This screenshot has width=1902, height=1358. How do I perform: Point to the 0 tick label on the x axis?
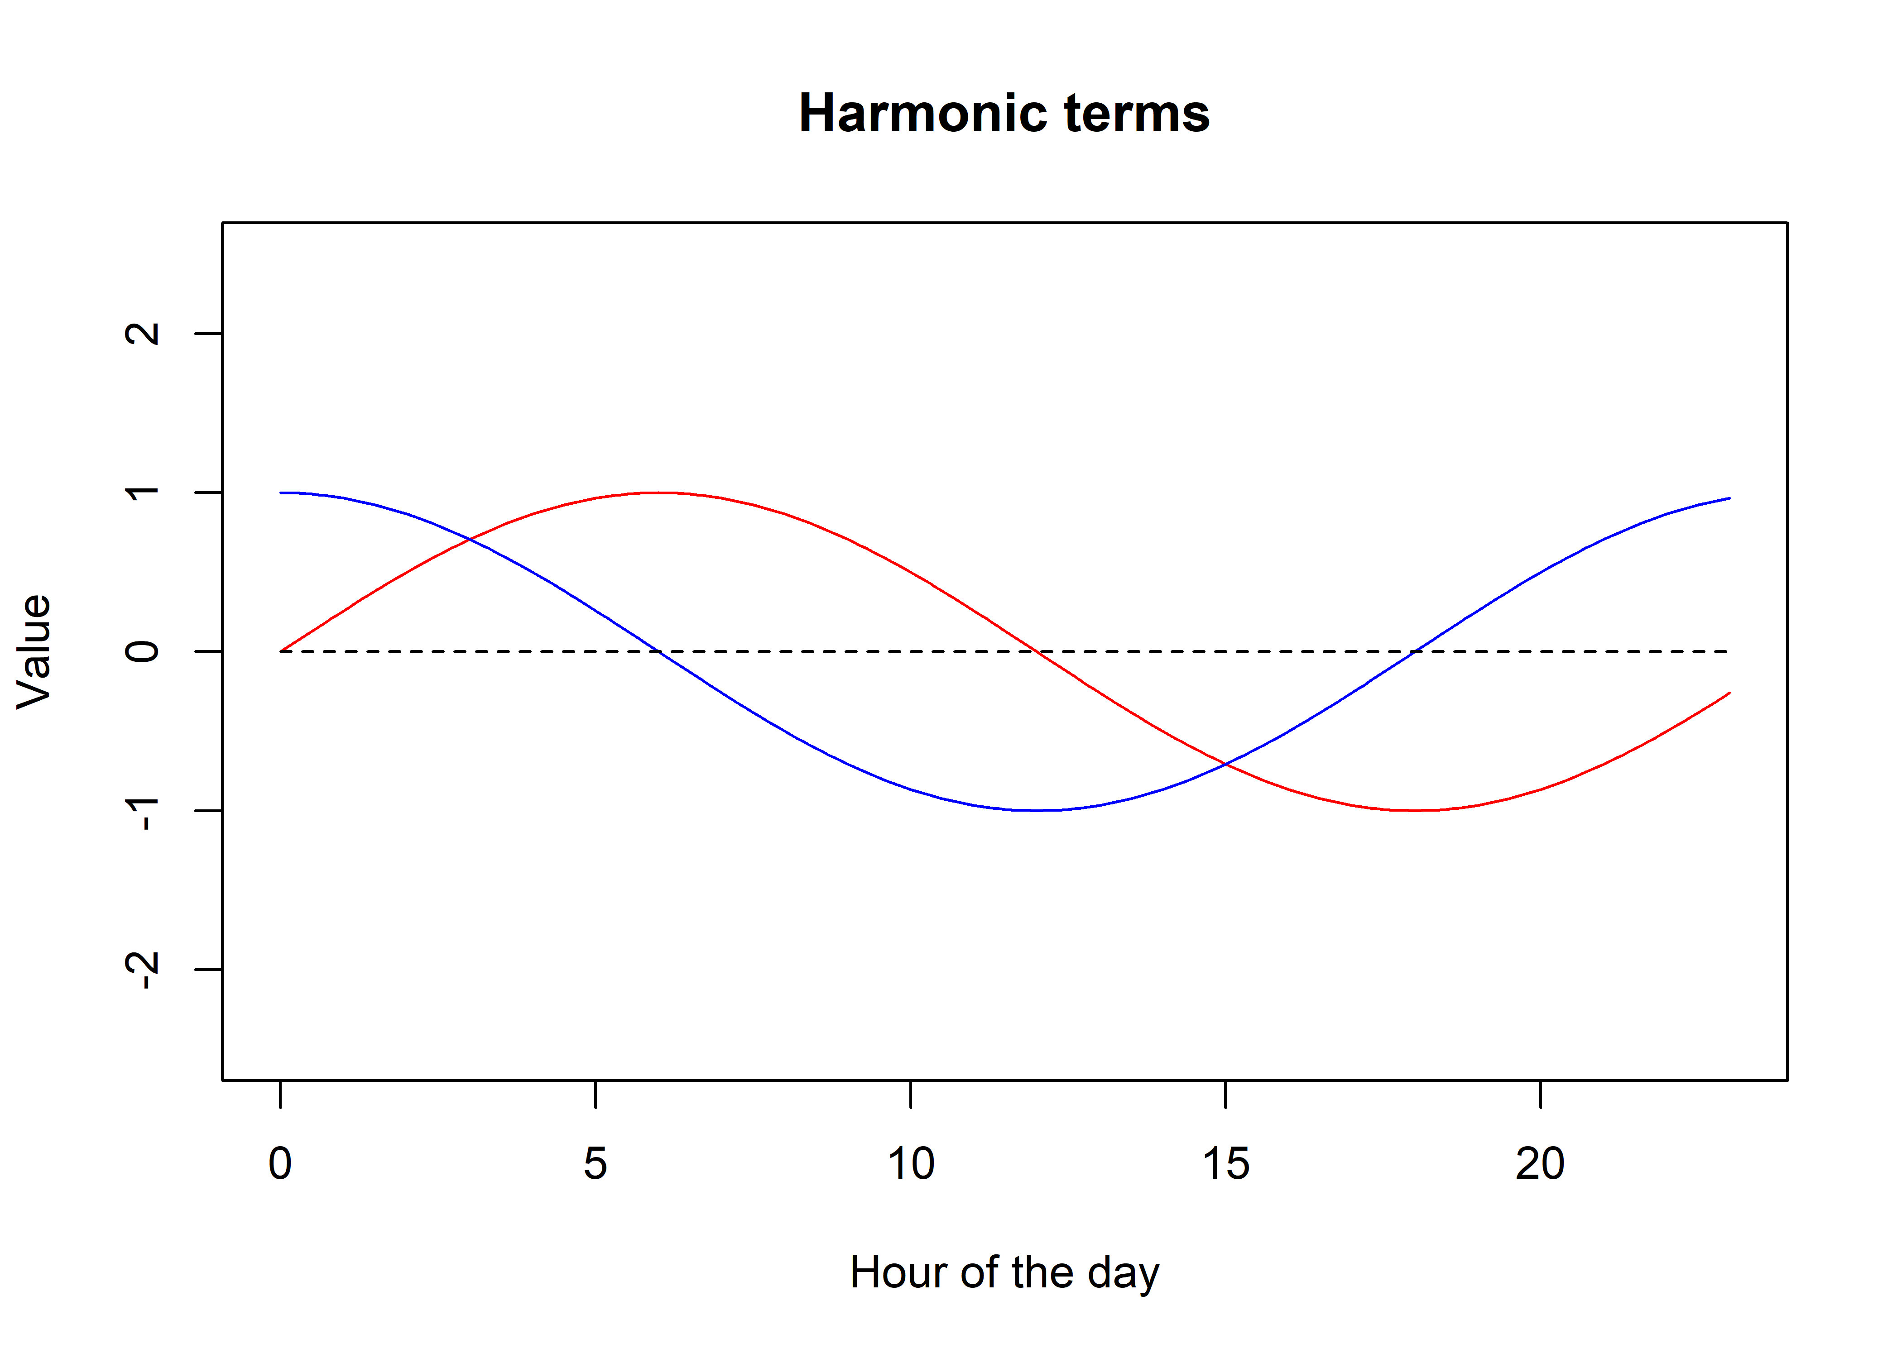[280, 1164]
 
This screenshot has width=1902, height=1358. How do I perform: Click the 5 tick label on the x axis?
[596, 1164]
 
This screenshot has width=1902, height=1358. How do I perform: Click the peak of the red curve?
[658, 493]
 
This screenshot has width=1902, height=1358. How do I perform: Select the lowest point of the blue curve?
[1036, 810]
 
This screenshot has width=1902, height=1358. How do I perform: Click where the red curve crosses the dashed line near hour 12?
[1036, 651]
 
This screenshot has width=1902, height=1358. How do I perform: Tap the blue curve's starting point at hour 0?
[280, 493]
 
